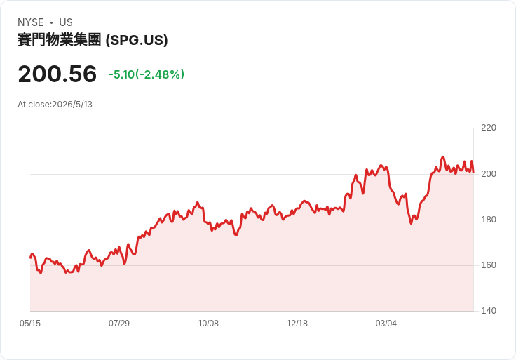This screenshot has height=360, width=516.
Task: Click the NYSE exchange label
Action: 31,22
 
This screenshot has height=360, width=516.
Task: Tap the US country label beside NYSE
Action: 66,22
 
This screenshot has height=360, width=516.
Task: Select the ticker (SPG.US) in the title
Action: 137,40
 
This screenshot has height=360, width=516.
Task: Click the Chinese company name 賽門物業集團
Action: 59,40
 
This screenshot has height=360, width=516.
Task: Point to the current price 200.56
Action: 57,74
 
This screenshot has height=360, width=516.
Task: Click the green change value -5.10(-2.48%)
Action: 147,74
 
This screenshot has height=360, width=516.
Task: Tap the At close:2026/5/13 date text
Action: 55,105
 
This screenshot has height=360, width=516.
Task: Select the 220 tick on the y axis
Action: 489,128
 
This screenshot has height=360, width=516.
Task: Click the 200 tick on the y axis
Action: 489,174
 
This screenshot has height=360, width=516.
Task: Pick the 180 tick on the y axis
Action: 489,220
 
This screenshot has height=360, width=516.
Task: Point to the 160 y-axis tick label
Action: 489,265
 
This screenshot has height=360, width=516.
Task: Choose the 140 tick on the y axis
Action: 489,311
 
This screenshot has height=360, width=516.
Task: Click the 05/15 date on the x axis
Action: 30,324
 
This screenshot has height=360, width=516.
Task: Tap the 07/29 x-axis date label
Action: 119,324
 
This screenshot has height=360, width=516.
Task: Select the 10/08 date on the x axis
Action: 208,324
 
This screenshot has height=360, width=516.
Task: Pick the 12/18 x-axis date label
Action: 297,324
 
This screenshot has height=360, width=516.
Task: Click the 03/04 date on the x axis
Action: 386,324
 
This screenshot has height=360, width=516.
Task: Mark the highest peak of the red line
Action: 442,156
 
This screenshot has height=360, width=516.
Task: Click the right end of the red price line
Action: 473,172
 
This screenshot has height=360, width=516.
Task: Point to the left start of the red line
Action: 31,258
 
